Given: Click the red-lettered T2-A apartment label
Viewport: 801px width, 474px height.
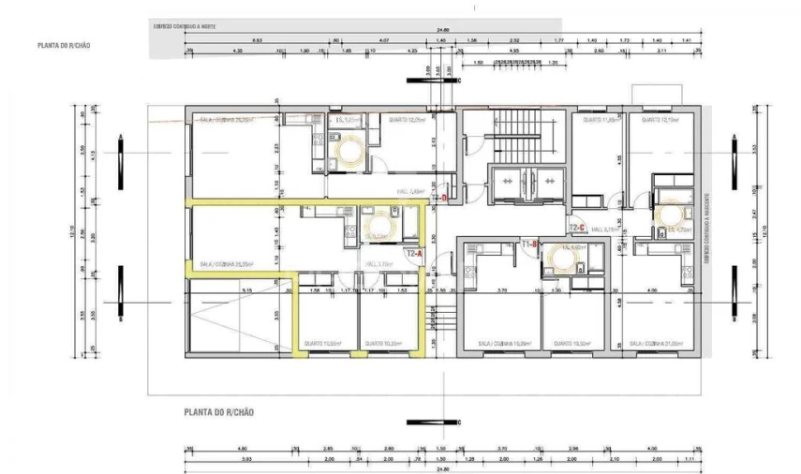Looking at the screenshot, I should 413,253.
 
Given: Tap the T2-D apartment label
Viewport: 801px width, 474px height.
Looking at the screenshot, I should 439,198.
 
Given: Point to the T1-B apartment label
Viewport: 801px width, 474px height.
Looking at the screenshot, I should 527,244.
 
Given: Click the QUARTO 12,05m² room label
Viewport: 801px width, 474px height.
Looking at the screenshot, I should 408,120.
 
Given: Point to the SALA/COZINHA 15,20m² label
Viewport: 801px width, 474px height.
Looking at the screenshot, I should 497,343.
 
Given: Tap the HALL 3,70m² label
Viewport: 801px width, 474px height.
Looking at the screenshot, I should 378,264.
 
